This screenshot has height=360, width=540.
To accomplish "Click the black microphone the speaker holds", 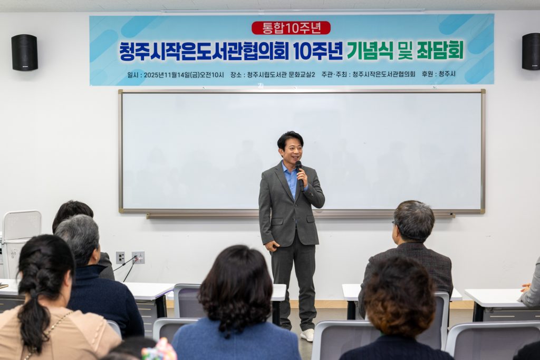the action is pos(300,174).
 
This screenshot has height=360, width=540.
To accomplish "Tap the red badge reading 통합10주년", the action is pos(291,28).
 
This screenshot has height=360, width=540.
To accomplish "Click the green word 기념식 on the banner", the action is pos(370,50).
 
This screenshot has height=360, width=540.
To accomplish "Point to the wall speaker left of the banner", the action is pos(24,52).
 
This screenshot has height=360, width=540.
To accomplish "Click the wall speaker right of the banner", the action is pos(531,52).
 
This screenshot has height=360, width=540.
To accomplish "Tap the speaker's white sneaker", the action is pos(307,335).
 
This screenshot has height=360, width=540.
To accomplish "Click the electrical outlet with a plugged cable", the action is pos(138,257).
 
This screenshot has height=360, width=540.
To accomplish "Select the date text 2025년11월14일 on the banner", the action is pos(167,75).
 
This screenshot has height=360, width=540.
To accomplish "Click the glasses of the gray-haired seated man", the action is pos(394,225).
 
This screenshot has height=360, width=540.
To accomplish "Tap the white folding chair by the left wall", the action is pos(21,241).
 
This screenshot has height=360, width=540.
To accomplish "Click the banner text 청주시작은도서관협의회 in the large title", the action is pos(204,51).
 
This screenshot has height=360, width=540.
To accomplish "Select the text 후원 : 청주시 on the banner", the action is pos(438,74).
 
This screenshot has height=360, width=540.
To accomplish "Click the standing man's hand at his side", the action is pos(272,246).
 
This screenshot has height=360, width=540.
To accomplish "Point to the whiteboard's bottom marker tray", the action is pos(300,216).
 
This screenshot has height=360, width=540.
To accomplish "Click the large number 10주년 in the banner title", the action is pos(318,51).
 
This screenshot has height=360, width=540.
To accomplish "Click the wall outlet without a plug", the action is pos(120,257).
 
